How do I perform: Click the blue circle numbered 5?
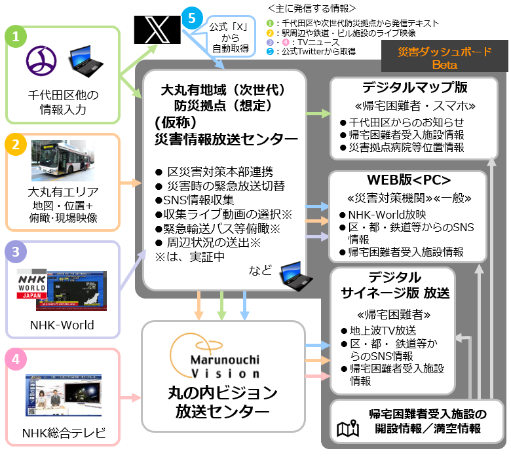[191, 18]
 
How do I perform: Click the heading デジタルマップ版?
[412, 88]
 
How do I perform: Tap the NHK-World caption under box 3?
[62, 325]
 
